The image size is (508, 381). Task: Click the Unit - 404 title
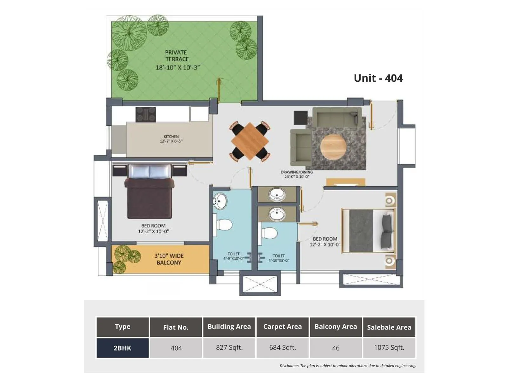pyautogui.click(x=378, y=78)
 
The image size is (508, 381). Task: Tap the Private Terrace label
pyautogui.click(x=177, y=56)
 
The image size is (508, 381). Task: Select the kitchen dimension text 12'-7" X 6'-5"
pyautogui.click(x=171, y=141)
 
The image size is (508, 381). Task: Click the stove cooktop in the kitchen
pyautogui.click(x=146, y=114)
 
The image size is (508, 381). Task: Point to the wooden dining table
pyautogui.click(x=250, y=141)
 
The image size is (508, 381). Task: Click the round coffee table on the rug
pyautogui.click(x=333, y=147)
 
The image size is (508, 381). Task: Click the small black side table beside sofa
pyautogui.click(x=300, y=117)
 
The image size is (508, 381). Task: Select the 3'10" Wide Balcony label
pyautogui.click(x=169, y=259)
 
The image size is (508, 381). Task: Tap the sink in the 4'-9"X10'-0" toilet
pyautogui.click(x=220, y=201)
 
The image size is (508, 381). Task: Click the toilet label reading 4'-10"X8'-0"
pyautogui.click(x=278, y=258)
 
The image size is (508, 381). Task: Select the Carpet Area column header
pyautogui.click(x=282, y=327)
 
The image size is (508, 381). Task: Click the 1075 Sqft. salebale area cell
pyautogui.click(x=389, y=348)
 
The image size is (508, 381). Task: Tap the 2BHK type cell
pyautogui.click(x=122, y=348)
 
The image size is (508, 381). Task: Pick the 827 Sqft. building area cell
pyautogui.click(x=229, y=348)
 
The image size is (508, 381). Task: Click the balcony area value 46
pyautogui.click(x=336, y=348)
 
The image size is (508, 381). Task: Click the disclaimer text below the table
pyautogui.click(x=348, y=366)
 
